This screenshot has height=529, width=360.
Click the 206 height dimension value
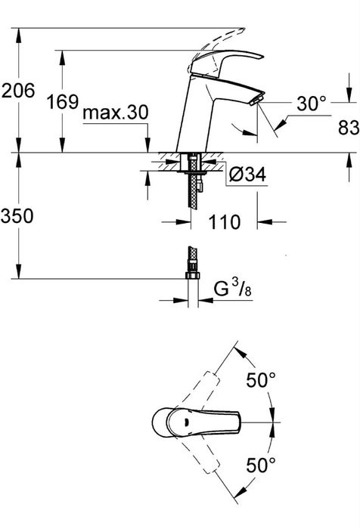pos(18,91)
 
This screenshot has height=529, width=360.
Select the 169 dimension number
pos(63,101)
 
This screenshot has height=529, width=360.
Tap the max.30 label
pos(116,113)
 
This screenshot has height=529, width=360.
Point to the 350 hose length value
pos(17,216)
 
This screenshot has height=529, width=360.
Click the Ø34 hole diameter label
pos(247,175)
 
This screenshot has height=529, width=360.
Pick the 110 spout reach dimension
pos(224,222)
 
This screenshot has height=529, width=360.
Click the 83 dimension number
pos(349,128)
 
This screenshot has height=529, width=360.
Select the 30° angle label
pos(312,104)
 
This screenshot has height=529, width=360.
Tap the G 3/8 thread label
pos(233,289)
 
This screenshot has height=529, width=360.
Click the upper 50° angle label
pos(261,380)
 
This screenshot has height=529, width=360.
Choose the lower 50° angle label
pos(261,465)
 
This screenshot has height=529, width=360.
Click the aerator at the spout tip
pos(256,101)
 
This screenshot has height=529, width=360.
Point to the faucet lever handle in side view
pos(226,62)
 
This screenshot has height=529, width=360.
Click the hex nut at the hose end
pos(193,274)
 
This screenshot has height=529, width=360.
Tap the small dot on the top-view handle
pos(185,421)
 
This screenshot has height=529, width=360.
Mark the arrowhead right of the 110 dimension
pos(265,222)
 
